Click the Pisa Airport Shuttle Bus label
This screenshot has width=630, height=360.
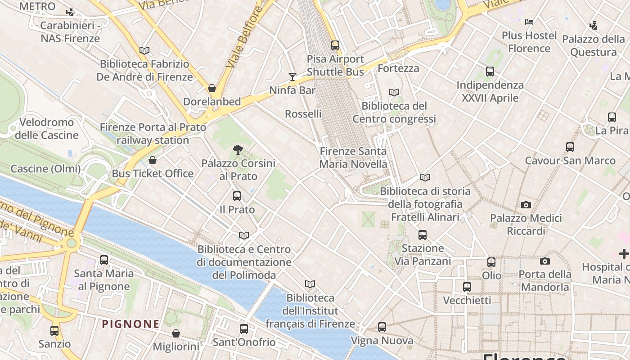(x=335, y=65)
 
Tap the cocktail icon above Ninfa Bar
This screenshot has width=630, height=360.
(x=292, y=77)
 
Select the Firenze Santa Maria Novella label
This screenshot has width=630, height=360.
(x=353, y=157)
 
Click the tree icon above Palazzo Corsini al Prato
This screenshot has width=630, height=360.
(x=238, y=150)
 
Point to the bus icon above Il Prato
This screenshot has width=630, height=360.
(x=237, y=196)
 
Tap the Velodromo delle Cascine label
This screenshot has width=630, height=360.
(x=47, y=129)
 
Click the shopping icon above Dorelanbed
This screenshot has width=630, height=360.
(x=212, y=88)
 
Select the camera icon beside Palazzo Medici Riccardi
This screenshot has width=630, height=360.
(x=526, y=205)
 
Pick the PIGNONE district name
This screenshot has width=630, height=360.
(x=130, y=324)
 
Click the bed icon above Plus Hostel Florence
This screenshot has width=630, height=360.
(x=529, y=22)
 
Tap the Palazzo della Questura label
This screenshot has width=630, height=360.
(x=594, y=45)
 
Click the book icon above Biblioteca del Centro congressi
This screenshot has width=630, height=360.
(x=394, y=93)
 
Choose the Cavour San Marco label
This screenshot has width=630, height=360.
(x=570, y=161)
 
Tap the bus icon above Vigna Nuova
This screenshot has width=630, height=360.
(x=382, y=327)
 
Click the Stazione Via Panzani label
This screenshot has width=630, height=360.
(x=423, y=255)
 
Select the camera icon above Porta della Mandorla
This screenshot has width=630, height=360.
(x=545, y=261)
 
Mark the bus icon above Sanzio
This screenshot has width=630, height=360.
(x=54, y=331)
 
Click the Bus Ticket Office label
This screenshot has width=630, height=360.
(x=153, y=174)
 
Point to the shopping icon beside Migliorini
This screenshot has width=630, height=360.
(x=176, y=333)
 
